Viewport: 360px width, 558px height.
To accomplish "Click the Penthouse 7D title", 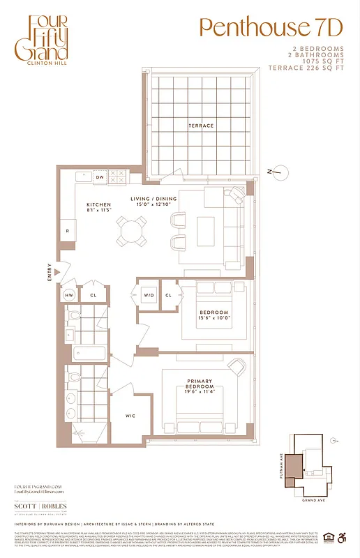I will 271,27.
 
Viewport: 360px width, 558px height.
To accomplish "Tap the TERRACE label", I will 200,126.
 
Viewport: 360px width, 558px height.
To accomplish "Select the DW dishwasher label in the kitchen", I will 99,178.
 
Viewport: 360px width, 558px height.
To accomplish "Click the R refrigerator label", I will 68,231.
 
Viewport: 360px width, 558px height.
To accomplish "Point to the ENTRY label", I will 49,270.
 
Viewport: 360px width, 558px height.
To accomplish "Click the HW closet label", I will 69,295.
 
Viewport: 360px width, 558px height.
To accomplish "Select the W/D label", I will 148,295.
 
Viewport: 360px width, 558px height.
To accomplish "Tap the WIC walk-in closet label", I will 130,416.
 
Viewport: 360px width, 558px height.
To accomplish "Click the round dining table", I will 132,230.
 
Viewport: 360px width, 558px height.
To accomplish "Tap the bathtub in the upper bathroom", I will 89,354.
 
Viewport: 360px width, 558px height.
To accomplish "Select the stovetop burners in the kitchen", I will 117,177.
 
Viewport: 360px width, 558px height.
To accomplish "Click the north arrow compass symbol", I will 277,171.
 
